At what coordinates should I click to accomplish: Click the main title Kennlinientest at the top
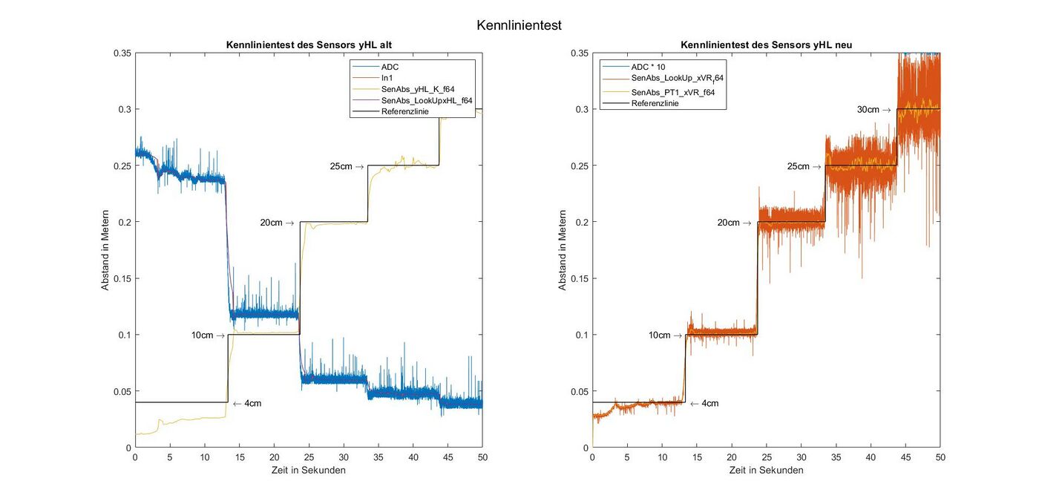click(519, 25)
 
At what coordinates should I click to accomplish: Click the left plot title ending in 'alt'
click(308, 45)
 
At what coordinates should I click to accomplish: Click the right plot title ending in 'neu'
click(766, 45)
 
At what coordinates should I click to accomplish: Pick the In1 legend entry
click(387, 78)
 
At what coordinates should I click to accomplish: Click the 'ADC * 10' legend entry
click(648, 67)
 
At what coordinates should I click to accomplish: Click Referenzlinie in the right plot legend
click(655, 103)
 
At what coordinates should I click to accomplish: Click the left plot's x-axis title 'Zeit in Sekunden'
click(308, 471)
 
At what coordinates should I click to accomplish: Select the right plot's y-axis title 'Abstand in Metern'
click(563, 249)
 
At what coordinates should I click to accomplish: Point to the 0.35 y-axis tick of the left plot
click(122, 53)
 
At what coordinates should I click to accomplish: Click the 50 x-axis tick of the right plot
click(940, 457)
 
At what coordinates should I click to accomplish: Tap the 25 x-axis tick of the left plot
click(309, 457)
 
